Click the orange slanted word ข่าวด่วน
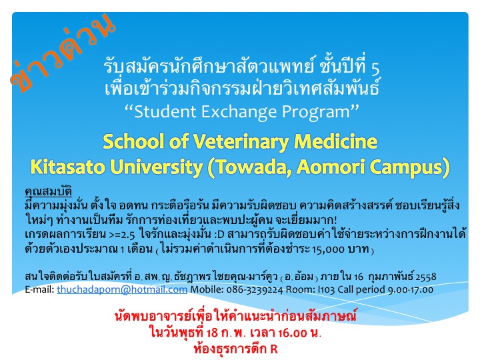tap(63, 53)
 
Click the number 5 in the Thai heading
tap(375, 68)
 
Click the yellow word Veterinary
tap(240, 142)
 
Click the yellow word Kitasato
tap(67, 167)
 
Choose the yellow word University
tap(156, 167)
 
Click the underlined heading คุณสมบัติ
tap(49, 191)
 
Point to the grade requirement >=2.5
tap(122, 235)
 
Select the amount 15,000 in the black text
tap(328, 249)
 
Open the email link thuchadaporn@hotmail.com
tap(122, 289)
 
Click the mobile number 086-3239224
tap(255, 289)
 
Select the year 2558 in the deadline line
tap(426, 277)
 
